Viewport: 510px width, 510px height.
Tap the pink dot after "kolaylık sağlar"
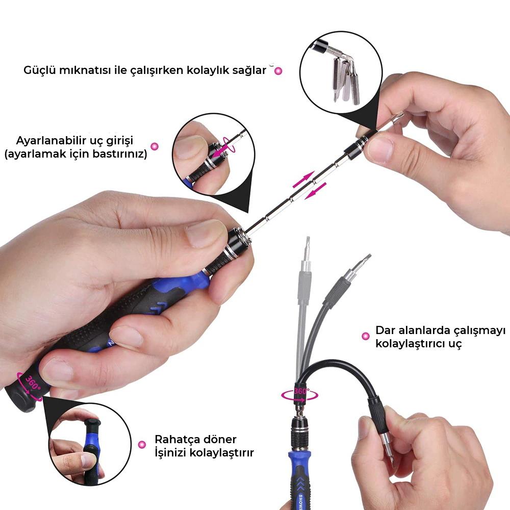278,71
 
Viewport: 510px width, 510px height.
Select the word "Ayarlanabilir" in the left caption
50,141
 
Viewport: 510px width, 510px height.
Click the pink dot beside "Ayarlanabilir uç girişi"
155,146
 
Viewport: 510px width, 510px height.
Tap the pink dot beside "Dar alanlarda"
366,336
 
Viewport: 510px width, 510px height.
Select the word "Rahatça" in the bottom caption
177,440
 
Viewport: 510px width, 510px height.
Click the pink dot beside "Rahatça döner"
142,444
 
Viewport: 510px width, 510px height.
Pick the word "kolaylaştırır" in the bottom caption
221,452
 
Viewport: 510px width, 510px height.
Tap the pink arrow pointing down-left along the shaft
316,191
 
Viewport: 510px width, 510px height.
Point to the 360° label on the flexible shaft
301,391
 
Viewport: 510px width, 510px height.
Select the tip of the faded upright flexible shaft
308,238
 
